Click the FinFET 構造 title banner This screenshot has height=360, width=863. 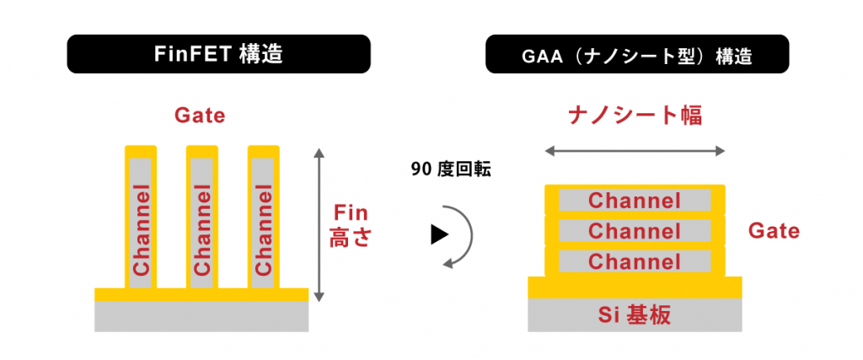point(218,54)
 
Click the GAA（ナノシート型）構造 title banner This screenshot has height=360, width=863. point(637,56)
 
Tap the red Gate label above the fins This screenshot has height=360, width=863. point(200,115)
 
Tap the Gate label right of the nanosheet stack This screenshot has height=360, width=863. point(774,230)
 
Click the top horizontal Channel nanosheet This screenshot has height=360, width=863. point(635,201)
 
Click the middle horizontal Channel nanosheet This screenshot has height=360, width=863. point(635,231)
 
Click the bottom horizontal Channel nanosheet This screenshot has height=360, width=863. point(635,261)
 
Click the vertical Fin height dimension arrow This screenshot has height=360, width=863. point(318,224)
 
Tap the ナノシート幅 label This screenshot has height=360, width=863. point(635,116)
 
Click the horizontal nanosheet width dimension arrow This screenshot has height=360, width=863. point(635,152)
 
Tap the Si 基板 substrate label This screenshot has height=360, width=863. point(635,315)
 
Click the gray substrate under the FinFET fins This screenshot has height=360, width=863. point(201,316)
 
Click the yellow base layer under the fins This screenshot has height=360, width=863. point(201,294)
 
